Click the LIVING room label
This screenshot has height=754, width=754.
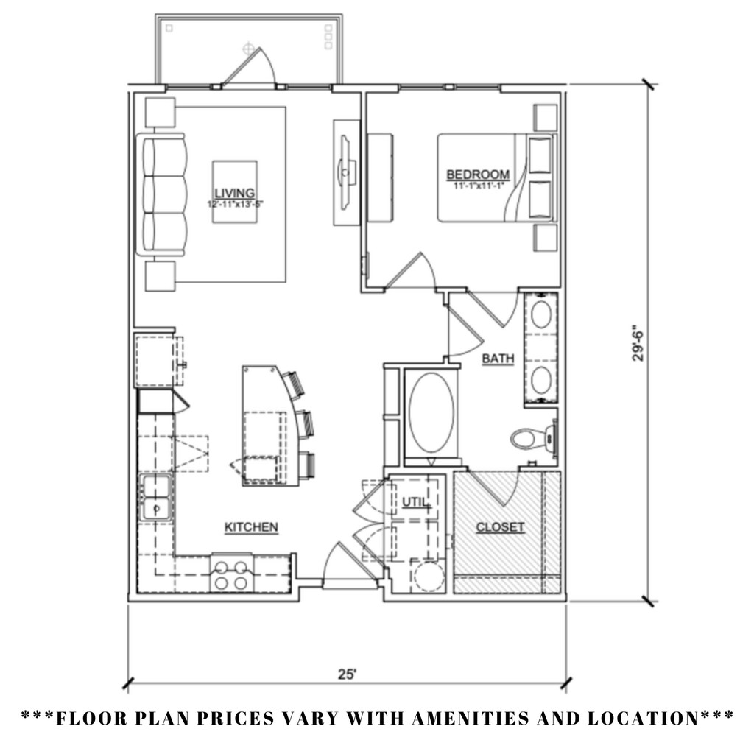point(235,192)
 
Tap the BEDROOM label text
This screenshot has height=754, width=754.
point(478,175)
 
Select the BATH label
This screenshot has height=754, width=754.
point(498,359)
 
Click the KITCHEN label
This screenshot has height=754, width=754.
point(251,527)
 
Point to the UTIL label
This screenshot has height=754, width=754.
point(415,502)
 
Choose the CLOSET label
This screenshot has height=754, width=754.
point(501,527)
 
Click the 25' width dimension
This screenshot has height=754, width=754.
point(348,674)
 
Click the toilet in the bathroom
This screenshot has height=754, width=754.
point(529,439)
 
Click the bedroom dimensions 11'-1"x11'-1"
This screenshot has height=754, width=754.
point(478,186)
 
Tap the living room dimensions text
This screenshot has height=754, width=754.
point(235,203)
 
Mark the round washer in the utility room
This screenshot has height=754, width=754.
point(427,576)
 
